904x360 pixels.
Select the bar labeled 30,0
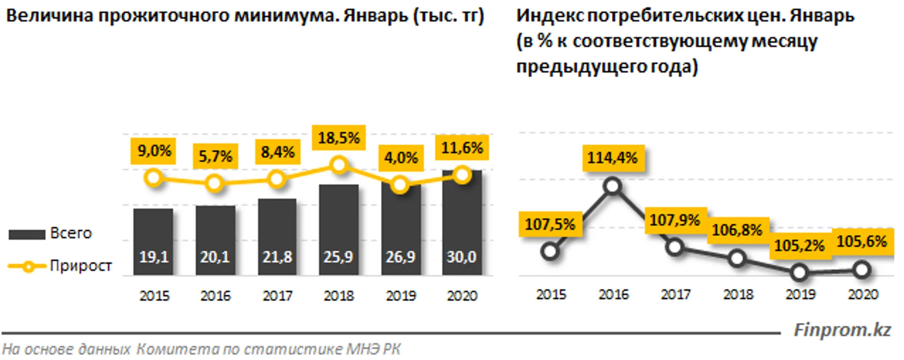(x=462, y=226)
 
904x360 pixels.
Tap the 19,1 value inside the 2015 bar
(x=154, y=257)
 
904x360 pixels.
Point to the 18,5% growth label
(x=339, y=138)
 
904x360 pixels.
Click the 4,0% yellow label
(x=401, y=158)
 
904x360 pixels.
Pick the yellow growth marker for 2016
(x=215, y=183)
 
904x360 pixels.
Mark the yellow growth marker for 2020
(x=462, y=175)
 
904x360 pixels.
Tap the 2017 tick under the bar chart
(x=277, y=296)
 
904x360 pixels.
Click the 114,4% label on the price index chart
(x=613, y=158)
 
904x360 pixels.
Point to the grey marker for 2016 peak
(x=613, y=186)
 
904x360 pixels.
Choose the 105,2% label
(x=799, y=246)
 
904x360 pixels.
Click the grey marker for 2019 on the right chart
(x=799, y=273)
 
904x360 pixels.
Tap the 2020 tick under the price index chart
(x=863, y=294)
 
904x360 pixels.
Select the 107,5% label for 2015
(x=550, y=224)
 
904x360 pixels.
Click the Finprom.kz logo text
(x=842, y=330)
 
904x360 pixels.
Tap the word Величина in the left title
(x=49, y=16)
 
